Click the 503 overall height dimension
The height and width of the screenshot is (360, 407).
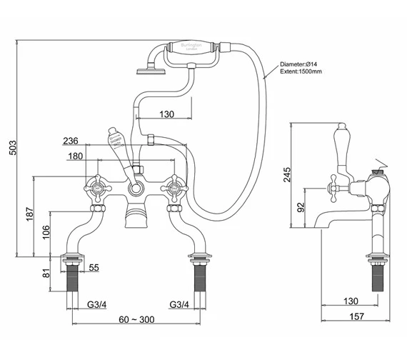9,149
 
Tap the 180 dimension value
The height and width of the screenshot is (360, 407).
95,156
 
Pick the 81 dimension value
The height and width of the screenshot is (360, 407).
45,272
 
